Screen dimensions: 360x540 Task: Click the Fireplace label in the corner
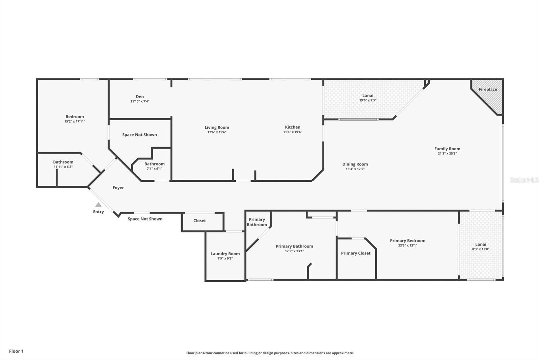pos(488,89)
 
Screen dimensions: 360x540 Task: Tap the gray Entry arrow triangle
pos(98,205)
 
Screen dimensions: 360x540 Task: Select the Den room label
pos(140,97)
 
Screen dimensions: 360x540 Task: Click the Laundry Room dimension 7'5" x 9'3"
pos(225,258)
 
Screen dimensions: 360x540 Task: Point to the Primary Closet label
pos(355,253)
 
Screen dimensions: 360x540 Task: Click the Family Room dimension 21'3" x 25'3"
pos(447,153)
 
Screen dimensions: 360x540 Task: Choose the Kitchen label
pos(293,127)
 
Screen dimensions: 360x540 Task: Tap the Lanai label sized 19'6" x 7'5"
pos(368,96)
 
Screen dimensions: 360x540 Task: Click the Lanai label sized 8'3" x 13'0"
pos(481,245)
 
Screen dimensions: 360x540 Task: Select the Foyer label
pos(118,188)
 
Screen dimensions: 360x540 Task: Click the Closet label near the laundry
pos(199,221)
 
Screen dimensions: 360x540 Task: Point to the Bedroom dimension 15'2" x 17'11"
pos(75,121)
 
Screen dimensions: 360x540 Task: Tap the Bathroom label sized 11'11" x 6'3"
pos(63,162)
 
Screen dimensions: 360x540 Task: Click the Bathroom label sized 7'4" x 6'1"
pos(154,164)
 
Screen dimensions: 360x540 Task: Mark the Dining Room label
pos(355,164)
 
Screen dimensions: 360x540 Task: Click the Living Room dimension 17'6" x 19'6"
pos(217,132)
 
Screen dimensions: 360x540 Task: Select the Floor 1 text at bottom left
pos(16,351)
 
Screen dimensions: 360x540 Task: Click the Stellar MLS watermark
pos(524,180)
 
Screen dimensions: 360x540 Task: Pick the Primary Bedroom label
pos(407,241)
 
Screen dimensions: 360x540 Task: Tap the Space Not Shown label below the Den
pos(139,135)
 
